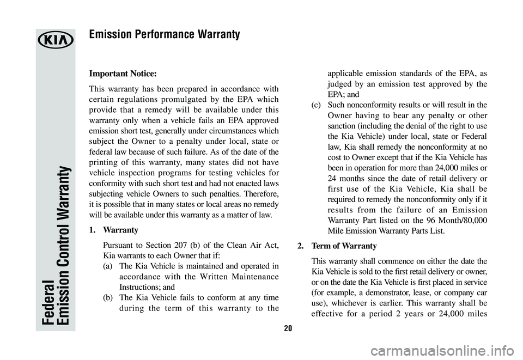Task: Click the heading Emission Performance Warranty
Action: tap(164, 35)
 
